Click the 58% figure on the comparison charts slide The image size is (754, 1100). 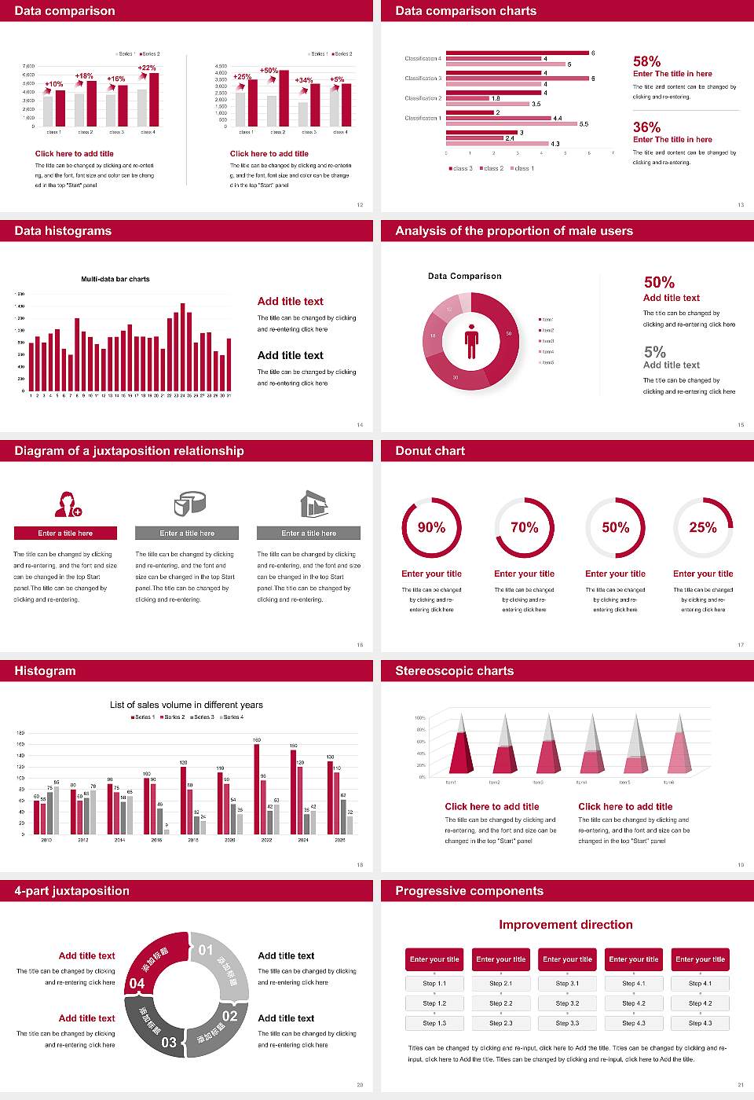point(646,61)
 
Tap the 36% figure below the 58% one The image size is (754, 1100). point(646,127)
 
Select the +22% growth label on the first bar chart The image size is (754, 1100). point(147,68)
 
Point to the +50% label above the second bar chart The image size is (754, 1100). point(269,71)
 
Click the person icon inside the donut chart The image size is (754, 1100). point(471,341)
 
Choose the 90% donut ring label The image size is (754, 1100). point(431,527)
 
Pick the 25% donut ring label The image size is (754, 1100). point(703,527)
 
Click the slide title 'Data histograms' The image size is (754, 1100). point(63,231)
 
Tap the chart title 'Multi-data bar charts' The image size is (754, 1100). point(115,279)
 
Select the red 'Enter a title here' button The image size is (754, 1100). point(66,533)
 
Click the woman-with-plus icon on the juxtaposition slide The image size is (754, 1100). point(68,504)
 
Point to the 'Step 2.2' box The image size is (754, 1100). point(501,1003)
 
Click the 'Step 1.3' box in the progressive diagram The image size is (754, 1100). point(434,1023)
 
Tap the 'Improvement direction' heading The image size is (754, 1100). point(565,925)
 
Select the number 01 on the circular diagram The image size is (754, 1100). point(206,950)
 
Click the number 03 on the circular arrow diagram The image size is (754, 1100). point(169,1043)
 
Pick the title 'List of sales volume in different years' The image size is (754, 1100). point(186,705)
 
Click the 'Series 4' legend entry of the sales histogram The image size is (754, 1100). point(232,717)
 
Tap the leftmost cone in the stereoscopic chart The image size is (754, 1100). point(461,746)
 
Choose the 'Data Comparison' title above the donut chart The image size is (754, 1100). point(464,276)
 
